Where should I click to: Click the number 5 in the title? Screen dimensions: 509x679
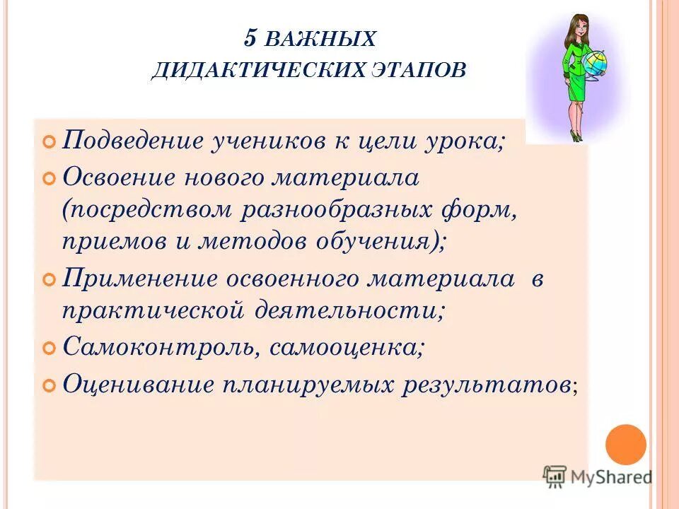coord(250,38)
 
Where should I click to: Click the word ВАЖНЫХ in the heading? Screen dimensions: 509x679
coord(322,40)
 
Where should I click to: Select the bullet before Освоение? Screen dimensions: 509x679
coord(49,180)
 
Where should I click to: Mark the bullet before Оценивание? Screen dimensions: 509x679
coord(49,386)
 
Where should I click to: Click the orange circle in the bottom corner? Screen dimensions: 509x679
coord(626,444)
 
